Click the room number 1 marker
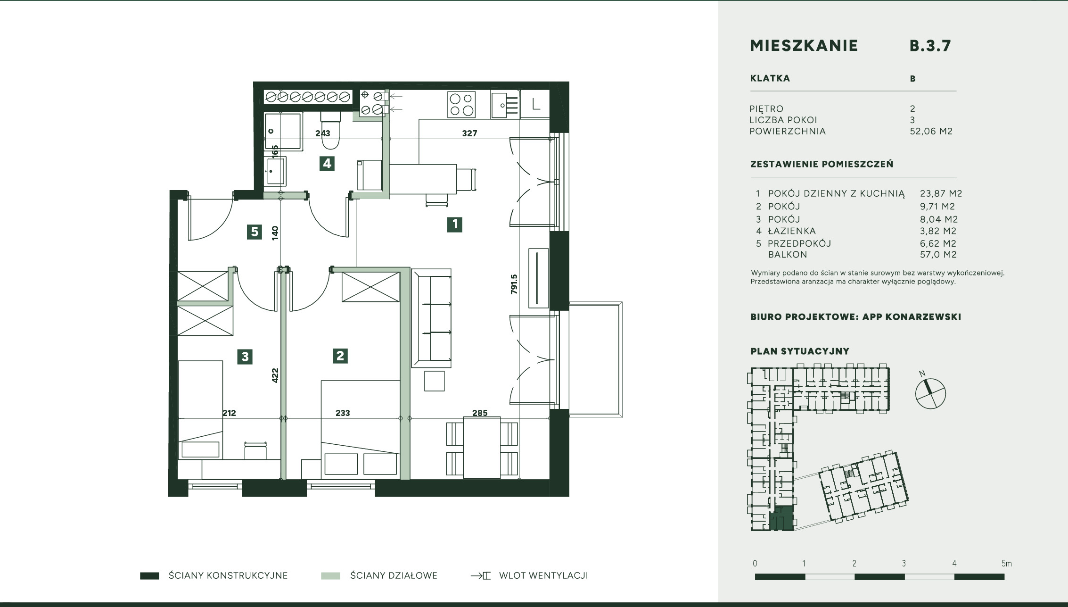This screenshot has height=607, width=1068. (x=455, y=224)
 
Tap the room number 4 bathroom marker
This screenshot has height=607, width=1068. (x=327, y=164)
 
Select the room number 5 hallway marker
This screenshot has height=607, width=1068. (x=255, y=232)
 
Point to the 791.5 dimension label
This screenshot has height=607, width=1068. (x=514, y=284)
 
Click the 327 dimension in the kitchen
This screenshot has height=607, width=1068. (x=469, y=133)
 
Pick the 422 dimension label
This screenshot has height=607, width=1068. (x=275, y=375)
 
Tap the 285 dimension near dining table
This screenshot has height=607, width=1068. (x=480, y=413)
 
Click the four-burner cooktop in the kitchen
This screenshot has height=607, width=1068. (x=461, y=105)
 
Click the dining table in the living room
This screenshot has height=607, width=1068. (x=482, y=448)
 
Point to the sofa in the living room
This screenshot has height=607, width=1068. (x=431, y=318)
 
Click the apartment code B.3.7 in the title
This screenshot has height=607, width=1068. (x=930, y=45)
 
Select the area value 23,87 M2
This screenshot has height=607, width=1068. (x=941, y=193)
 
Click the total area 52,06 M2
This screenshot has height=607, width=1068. (x=931, y=131)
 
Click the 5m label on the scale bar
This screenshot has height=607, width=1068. (x=1006, y=563)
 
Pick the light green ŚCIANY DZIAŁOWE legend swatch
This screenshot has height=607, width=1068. (x=330, y=576)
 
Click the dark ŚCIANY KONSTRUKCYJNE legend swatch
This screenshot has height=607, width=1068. (x=149, y=576)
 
